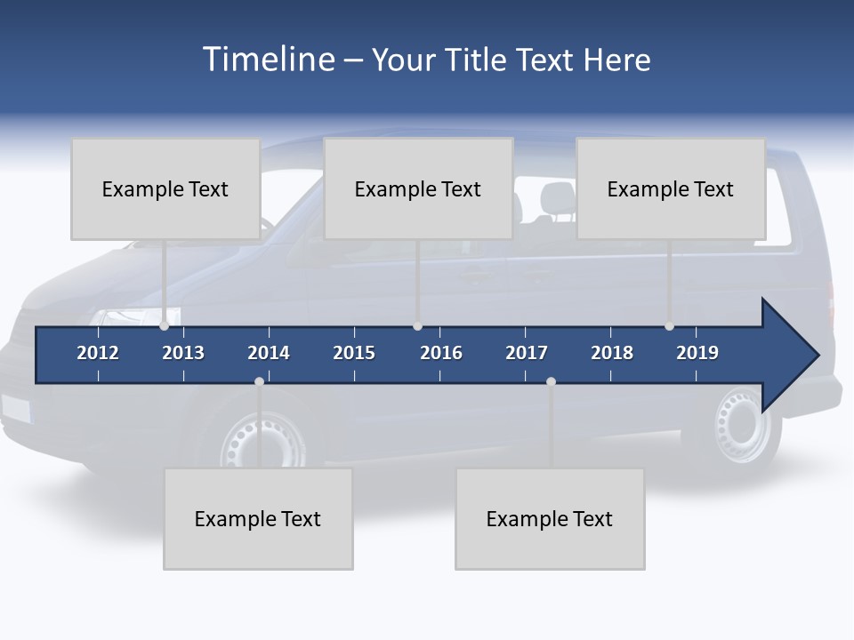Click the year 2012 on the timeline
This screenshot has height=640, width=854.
pyautogui.click(x=98, y=353)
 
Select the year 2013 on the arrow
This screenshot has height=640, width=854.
pyautogui.click(x=183, y=353)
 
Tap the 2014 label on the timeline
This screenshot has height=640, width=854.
pyautogui.click(x=269, y=353)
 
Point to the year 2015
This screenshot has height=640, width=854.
pyautogui.click(x=354, y=353)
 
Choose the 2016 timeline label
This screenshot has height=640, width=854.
pyautogui.click(x=441, y=353)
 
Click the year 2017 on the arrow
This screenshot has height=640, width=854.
pyautogui.click(x=527, y=353)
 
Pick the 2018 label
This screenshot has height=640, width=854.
pyautogui.click(x=612, y=353)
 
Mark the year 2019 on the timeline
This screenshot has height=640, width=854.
pyautogui.click(x=697, y=353)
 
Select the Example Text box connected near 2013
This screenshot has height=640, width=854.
pyautogui.click(x=165, y=188)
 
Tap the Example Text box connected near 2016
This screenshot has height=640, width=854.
pyautogui.click(x=418, y=188)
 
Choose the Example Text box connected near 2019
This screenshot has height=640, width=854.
pyautogui.click(x=671, y=188)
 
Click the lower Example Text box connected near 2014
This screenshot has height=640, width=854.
pyautogui.click(x=258, y=518)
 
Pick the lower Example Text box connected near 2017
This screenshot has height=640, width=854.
pyautogui.click(x=550, y=518)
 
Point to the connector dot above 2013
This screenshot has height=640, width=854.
pyautogui.click(x=165, y=326)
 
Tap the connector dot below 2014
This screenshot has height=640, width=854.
pyautogui.click(x=259, y=381)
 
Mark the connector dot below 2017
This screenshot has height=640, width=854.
pyautogui.click(x=551, y=381)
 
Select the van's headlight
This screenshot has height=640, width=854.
pyautogui.click(x=129, y=316)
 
